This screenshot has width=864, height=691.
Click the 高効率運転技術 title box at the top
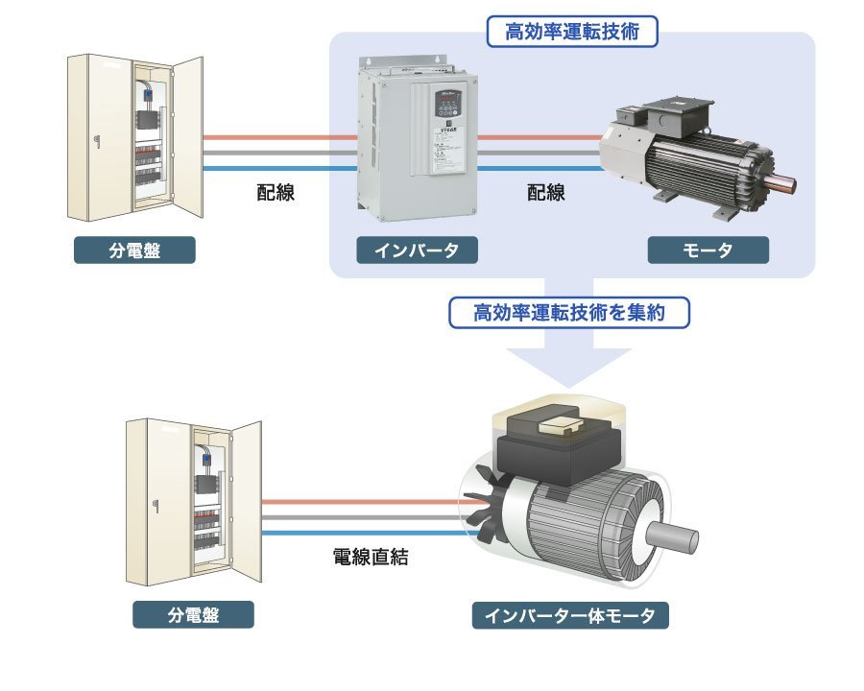(572, 32)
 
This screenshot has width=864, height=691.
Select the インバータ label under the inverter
(416, 250)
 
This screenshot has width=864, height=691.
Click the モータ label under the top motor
(708, 250)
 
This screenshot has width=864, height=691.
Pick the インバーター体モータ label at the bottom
(570, 615)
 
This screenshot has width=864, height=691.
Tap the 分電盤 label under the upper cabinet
(134, 250)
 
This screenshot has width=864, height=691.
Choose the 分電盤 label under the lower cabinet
(193, 615)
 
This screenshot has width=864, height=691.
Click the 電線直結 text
(370, 557)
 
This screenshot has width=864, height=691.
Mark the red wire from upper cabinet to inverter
(278, 137)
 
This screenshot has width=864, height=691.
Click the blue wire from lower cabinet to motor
(365, 533)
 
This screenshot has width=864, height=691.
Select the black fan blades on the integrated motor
(481, 504)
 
